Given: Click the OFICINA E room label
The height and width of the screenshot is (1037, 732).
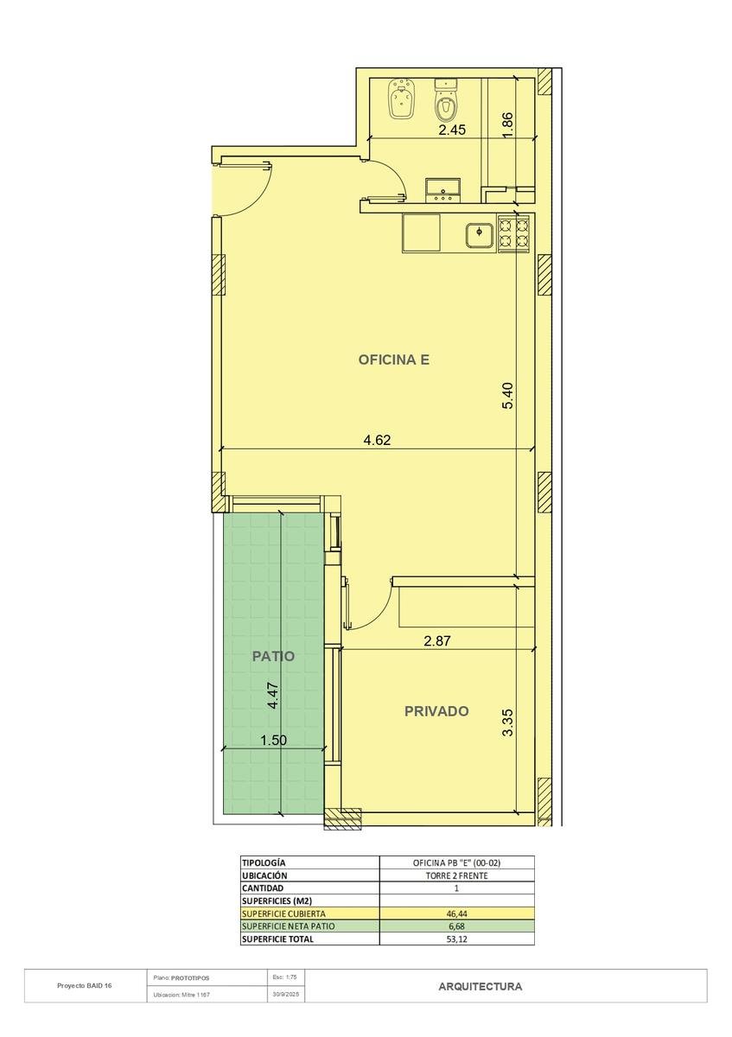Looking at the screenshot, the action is tap(393, 359).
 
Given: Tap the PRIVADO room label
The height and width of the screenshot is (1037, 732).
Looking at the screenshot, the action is tap(436, 711).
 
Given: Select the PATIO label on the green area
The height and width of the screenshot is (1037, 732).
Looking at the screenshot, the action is tap(273, 656).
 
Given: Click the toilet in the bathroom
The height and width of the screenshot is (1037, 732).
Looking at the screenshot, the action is tap(446, 99).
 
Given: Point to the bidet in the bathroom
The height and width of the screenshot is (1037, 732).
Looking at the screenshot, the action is tap(400, 99).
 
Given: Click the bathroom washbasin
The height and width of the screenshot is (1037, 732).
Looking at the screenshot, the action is tap(443, 191).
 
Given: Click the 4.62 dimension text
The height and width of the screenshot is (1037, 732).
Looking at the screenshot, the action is tap(377, 439).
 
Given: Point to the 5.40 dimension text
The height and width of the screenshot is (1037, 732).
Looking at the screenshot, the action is tap(507, 395).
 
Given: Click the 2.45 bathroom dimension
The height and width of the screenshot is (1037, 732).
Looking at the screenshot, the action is tap(452, 130).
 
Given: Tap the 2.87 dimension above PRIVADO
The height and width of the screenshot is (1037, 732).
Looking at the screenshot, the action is tap(437, 640).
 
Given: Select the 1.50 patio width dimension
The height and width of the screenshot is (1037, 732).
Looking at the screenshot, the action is tap(274, 741).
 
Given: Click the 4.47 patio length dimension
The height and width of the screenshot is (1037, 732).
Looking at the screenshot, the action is tap(273, 696).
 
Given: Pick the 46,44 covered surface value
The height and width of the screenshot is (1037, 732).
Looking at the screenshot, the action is tap(456, 913).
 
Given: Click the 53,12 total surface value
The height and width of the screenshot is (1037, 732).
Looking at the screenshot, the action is tap(456, 938).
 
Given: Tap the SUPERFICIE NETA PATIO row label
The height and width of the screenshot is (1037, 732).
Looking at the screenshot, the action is tap(288, 926).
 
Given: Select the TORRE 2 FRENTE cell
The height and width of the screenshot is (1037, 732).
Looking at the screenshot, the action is tap(456, 875).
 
